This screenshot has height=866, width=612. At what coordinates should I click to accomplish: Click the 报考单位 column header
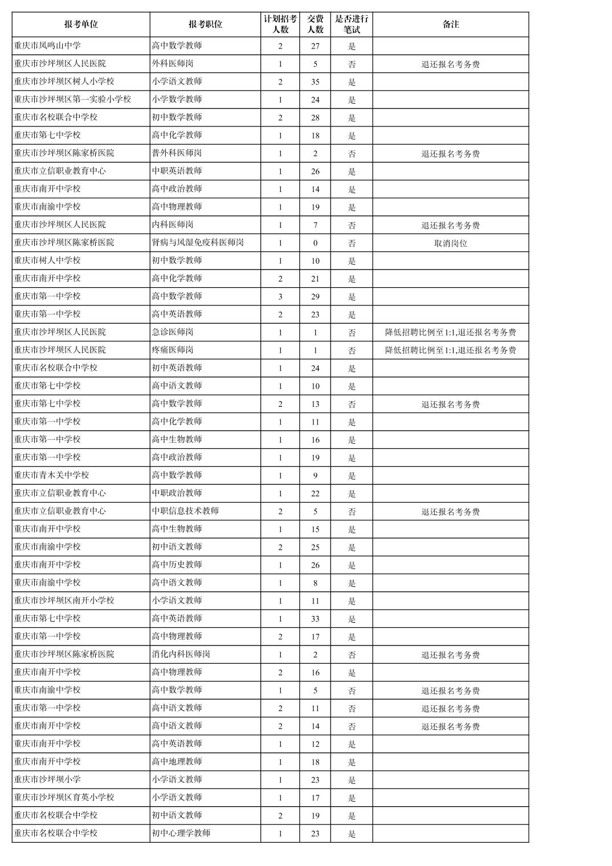(x=81, y=24)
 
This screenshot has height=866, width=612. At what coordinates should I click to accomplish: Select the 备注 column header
(x=450, y=24)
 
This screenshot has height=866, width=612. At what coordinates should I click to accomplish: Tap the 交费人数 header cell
(x=315, y=24)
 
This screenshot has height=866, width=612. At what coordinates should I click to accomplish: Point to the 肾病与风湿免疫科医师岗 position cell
(x=198, y=243)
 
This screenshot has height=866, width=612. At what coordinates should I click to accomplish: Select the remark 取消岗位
(x=450, y=243)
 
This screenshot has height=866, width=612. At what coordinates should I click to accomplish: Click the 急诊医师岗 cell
(x=173, y=332)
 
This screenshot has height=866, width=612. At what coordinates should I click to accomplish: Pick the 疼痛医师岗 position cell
(x=173, y=350)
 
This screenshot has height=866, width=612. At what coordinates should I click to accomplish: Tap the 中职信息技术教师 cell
(x=185, y=511)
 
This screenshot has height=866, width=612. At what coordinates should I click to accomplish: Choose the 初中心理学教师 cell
(x=181, y=833)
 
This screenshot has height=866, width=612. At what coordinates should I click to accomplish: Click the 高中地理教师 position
(x=177, y=762)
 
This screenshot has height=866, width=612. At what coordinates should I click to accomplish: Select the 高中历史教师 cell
(x=177, y=565)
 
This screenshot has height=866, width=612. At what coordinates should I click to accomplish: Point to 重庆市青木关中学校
(x=51, y=475)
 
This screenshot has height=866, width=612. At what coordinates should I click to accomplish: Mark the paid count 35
(x=315, y=82)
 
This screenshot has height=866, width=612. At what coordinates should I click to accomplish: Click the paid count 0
(x=315, y=243)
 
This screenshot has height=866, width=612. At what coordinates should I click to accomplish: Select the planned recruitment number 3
(x=280, y=297)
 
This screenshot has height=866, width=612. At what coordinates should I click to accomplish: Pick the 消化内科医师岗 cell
(x=181, y=654)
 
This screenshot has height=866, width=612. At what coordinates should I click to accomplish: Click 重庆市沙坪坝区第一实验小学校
(x=72, y=99)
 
